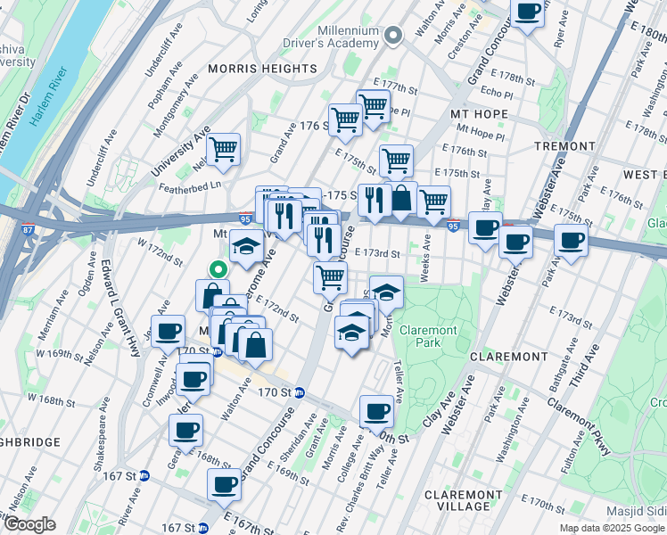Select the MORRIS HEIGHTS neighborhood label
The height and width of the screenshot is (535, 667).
point(262,69)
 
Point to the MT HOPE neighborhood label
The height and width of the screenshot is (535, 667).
point(479,114)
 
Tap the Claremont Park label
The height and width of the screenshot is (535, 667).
point(428,336)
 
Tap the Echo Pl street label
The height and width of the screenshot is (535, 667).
point(497,92)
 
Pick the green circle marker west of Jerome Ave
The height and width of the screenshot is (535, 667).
point(215,266)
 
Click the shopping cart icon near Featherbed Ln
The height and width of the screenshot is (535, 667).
point(223,148)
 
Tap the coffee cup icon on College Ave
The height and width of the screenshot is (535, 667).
point(376,411)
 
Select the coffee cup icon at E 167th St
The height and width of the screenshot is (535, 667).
point(224,484)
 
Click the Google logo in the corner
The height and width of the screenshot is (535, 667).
point(29,525)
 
